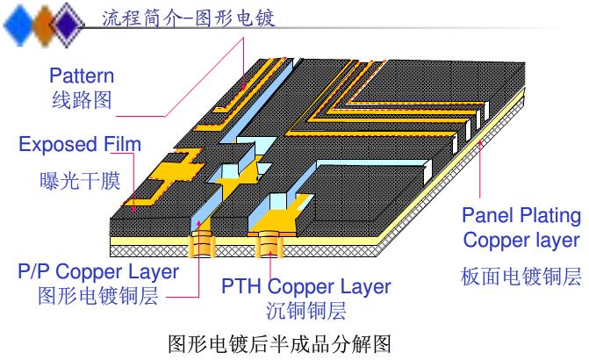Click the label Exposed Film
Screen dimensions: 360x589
point(79,144)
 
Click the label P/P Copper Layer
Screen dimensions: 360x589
point(98,270)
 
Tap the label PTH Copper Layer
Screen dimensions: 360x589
point(305,286)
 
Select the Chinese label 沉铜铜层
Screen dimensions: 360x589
point(305,310)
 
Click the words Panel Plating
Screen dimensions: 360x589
point(521,215)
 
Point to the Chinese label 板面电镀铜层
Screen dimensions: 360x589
point(521,277)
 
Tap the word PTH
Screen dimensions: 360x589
point(241,286)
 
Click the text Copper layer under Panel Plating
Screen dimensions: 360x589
point(521,240)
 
